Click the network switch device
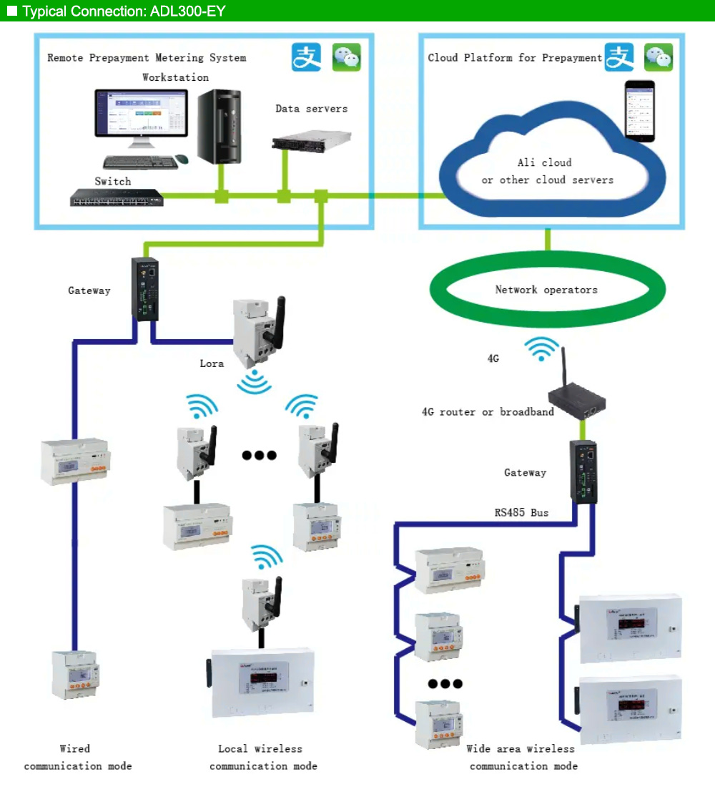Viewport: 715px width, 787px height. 117,197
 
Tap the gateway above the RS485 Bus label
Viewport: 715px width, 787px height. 583,471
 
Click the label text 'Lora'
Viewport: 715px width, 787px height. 212,363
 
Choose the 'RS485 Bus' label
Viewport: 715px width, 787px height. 521,512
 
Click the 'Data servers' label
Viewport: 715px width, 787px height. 312,109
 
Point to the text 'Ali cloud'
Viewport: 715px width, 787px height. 545,162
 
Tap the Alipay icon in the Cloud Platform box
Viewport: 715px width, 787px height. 619,57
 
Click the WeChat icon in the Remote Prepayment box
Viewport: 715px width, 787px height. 347,57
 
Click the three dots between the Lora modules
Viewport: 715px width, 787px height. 259,454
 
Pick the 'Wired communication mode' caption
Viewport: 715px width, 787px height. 77,757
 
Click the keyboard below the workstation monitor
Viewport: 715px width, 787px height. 141,162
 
